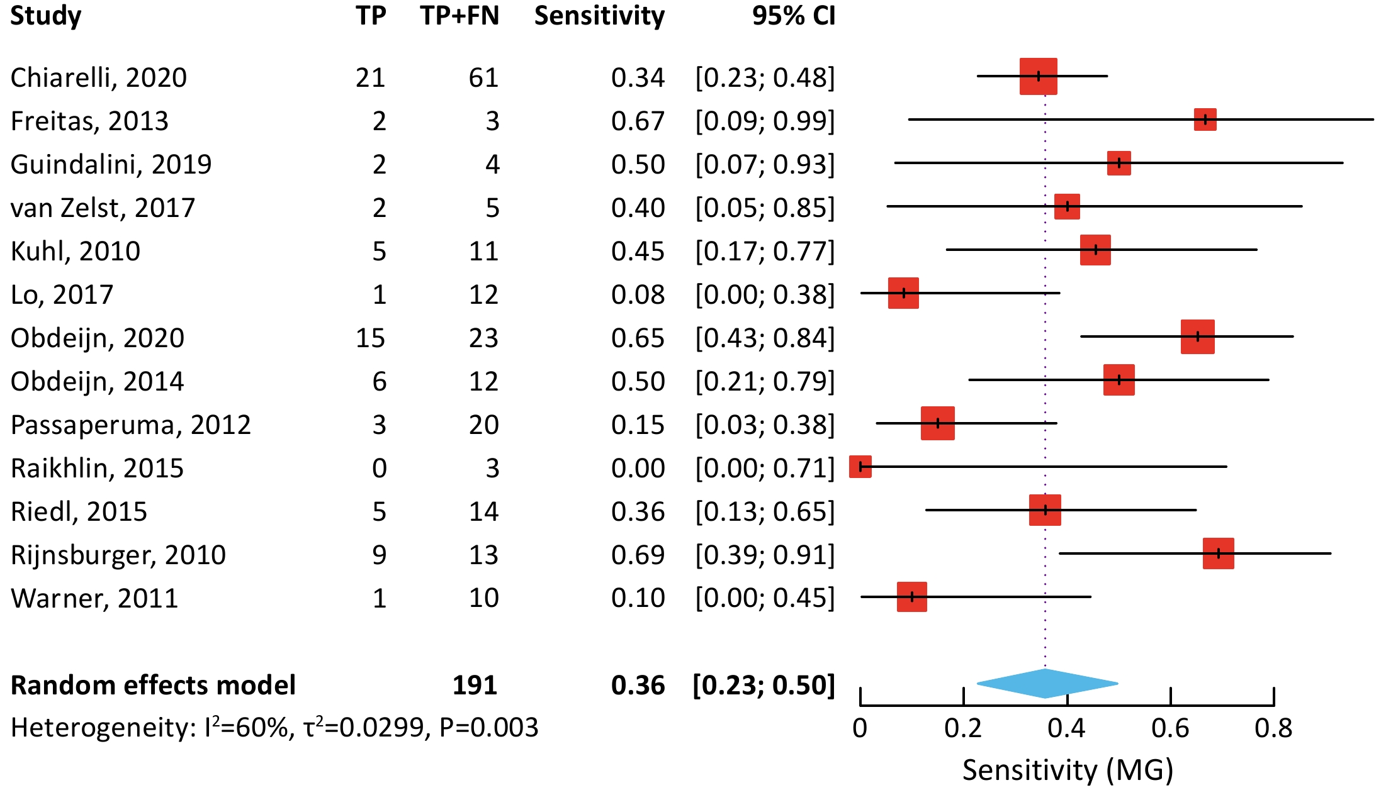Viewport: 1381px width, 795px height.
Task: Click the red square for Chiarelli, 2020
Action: coord(1038,76)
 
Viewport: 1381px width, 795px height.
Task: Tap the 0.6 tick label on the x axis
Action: coord(1170,728)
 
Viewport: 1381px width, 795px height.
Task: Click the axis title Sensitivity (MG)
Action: coord(1068,770)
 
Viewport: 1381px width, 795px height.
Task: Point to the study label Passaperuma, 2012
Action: coord(131,425)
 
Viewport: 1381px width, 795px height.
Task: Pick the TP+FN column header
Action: coord(459,16)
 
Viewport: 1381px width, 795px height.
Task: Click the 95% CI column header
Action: coord(793,16)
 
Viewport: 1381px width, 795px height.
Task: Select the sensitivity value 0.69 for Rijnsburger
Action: coord(638,555)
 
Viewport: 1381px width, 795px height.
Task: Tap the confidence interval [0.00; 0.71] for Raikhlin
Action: coord(765,468)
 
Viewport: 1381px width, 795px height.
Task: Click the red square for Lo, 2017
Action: coord(903,293)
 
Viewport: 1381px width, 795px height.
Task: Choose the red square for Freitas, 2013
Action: coord(1205,120)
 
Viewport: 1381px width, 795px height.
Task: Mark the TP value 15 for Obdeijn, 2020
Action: coord(370,338)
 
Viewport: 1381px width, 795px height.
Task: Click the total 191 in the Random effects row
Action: coord(475,685)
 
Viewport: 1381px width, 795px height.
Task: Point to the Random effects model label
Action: coord(153,685)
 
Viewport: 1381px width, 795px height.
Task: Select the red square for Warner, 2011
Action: coord(911,597)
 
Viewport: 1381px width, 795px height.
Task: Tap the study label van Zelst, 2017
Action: coord(103,208)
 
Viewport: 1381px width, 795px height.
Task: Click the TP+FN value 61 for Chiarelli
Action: coord(483,77)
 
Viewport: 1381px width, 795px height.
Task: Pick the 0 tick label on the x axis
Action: coord(860,728)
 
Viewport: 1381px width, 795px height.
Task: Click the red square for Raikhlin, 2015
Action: coord(860,467)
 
